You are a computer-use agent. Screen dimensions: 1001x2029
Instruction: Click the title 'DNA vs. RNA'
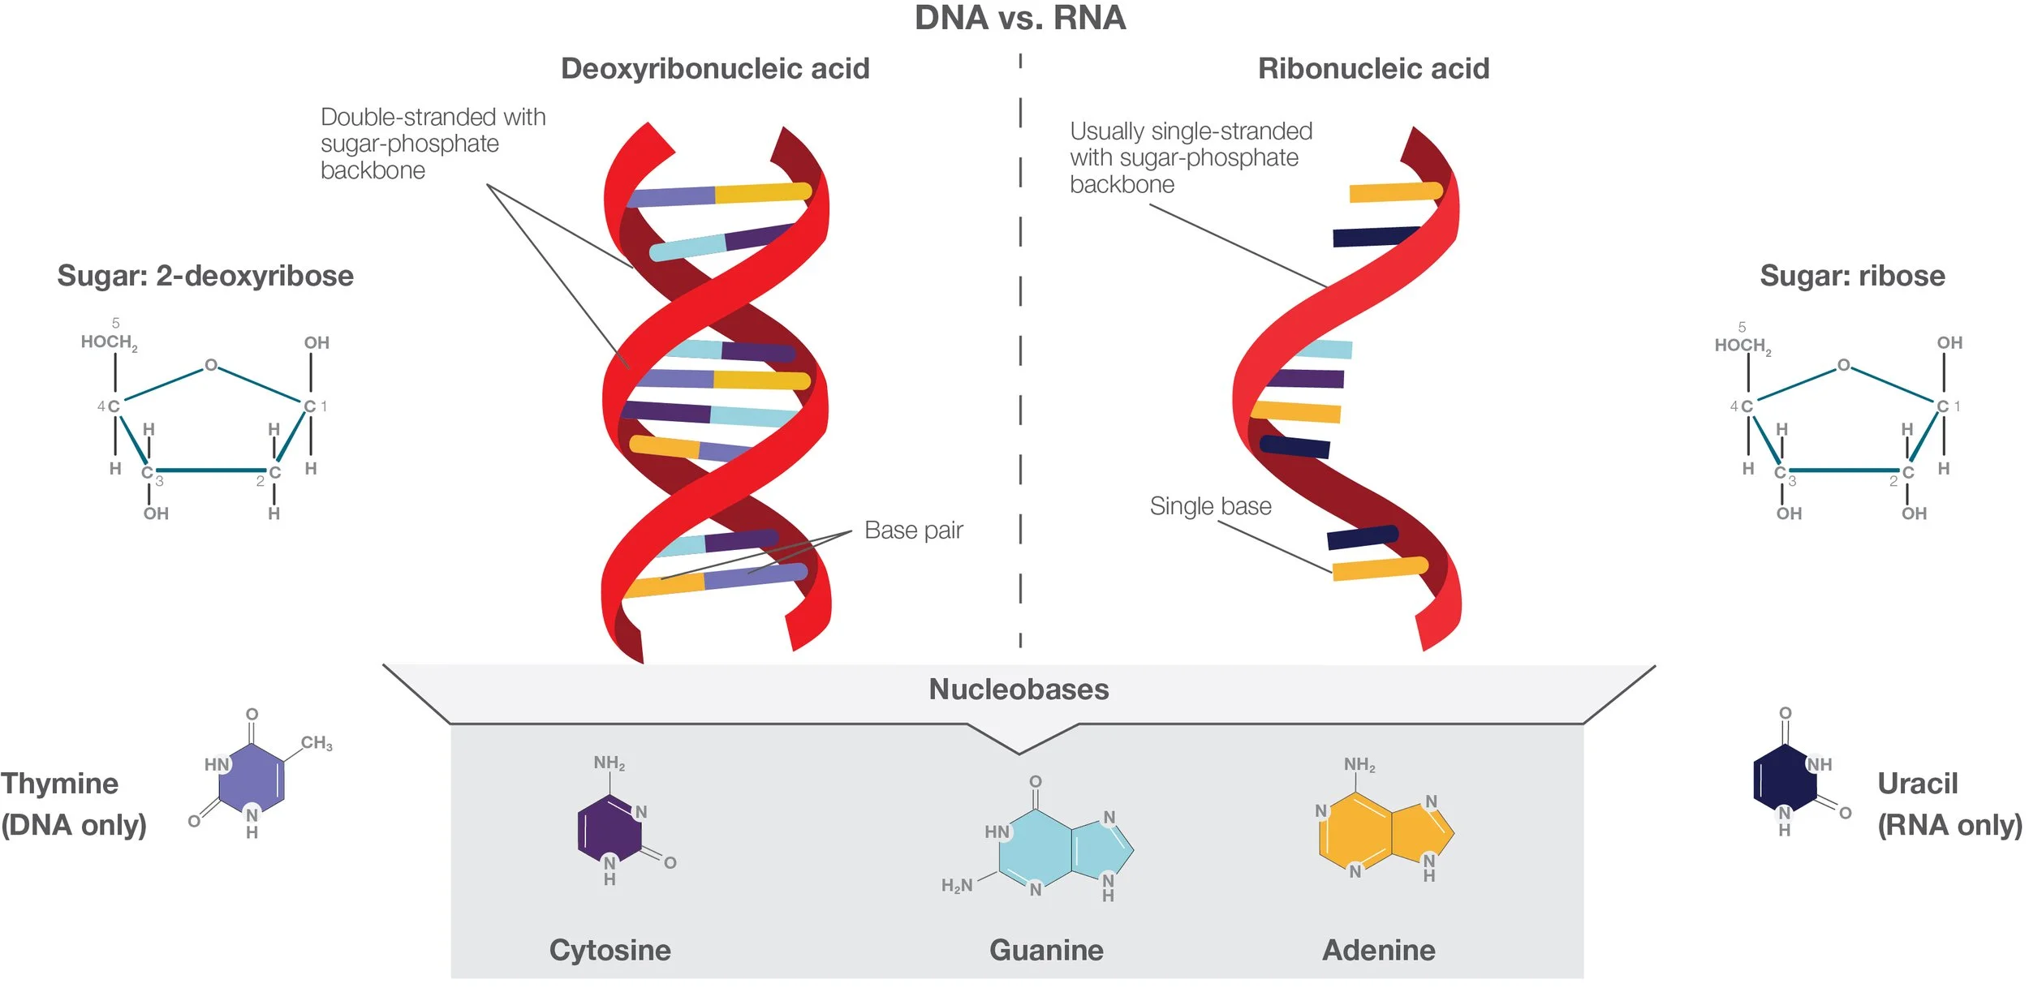pyautogui.click(x=1019, y=19)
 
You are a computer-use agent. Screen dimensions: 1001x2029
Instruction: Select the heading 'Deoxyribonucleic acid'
pyautogui.click(x=715, y=69)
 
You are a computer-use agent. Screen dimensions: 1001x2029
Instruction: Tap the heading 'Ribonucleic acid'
pyautogui.click(x=1373, y=69)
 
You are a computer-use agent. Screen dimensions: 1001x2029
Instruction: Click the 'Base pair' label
pyautogui.click(x=913, y=531)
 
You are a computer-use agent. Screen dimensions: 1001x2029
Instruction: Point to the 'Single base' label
pyautogui.click(x=1210, y=506)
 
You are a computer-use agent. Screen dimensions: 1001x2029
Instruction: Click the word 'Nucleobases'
pyautogui.click(x=1019, y=690)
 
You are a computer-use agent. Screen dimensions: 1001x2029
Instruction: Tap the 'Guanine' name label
pyautogui.click(x=1046, y=950)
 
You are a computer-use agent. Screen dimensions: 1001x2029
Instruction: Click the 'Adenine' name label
pyautogui.click(x=1378, y=950)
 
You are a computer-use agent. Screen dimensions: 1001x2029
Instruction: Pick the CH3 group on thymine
pyautogui.click(x=317, y=743)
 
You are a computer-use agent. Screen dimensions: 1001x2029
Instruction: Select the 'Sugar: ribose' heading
pyautogui.click(x=1852, y=276)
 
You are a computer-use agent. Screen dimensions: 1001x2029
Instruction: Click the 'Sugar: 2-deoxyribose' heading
pyautogui.click(x=205, y=276)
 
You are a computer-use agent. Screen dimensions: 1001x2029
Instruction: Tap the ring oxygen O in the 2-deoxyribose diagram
pyautogui.click(x=211, y=365)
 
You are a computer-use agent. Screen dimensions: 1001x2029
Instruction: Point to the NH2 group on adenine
pyautogui.click(x=1359, y=765)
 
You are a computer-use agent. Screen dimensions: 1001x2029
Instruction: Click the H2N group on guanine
pyautogui.click(x=957, y=886)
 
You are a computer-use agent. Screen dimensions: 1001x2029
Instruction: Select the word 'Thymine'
pyautogui.click(x=59, y=784)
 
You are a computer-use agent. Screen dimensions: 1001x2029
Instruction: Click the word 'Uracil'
pyautogui.click(x=1918, y=784)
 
